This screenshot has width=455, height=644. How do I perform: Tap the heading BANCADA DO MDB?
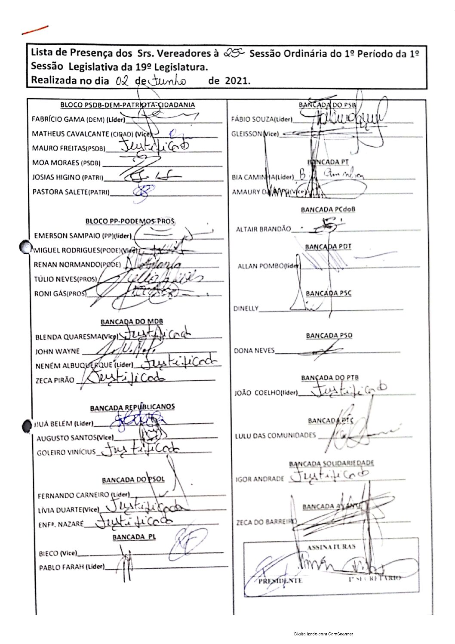coord(132,322)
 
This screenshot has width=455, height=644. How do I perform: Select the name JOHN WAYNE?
coord(57,351)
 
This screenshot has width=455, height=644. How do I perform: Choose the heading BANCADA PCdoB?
coord(328,210)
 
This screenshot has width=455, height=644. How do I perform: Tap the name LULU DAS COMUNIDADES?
coord(275,435)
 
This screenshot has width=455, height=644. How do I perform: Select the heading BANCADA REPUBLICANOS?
coord(132,407)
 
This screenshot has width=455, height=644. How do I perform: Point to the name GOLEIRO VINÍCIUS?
coord(66,453)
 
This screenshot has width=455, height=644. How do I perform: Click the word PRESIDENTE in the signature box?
coord(280,581)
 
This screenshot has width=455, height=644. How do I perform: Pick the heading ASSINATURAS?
coord(331,547)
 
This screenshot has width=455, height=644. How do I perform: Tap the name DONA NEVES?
coord(254,351)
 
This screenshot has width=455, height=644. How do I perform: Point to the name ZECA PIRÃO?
coord(55,380)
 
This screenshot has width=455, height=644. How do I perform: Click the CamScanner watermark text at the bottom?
coord(323,634)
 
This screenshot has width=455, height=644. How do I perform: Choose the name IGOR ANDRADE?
coord(260,479)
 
